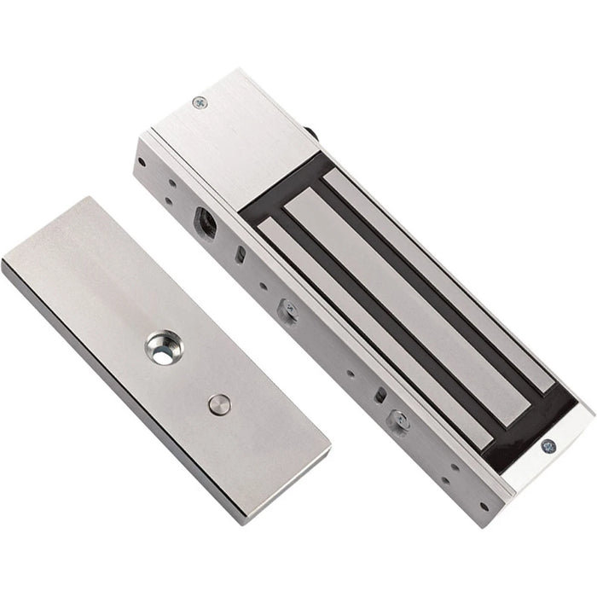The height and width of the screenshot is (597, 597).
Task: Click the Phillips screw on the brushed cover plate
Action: point(200,102)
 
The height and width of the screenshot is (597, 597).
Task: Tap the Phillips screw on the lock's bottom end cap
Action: point(548,445)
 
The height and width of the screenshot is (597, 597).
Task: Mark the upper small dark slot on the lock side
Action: point(242,255)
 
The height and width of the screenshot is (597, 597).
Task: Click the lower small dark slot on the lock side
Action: point(380,395)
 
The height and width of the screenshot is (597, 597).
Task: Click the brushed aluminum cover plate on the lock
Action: point(230,128)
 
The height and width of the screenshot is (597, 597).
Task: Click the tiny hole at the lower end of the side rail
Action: point(484,505)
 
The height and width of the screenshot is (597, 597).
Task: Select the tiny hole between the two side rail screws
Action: point(351,373)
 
